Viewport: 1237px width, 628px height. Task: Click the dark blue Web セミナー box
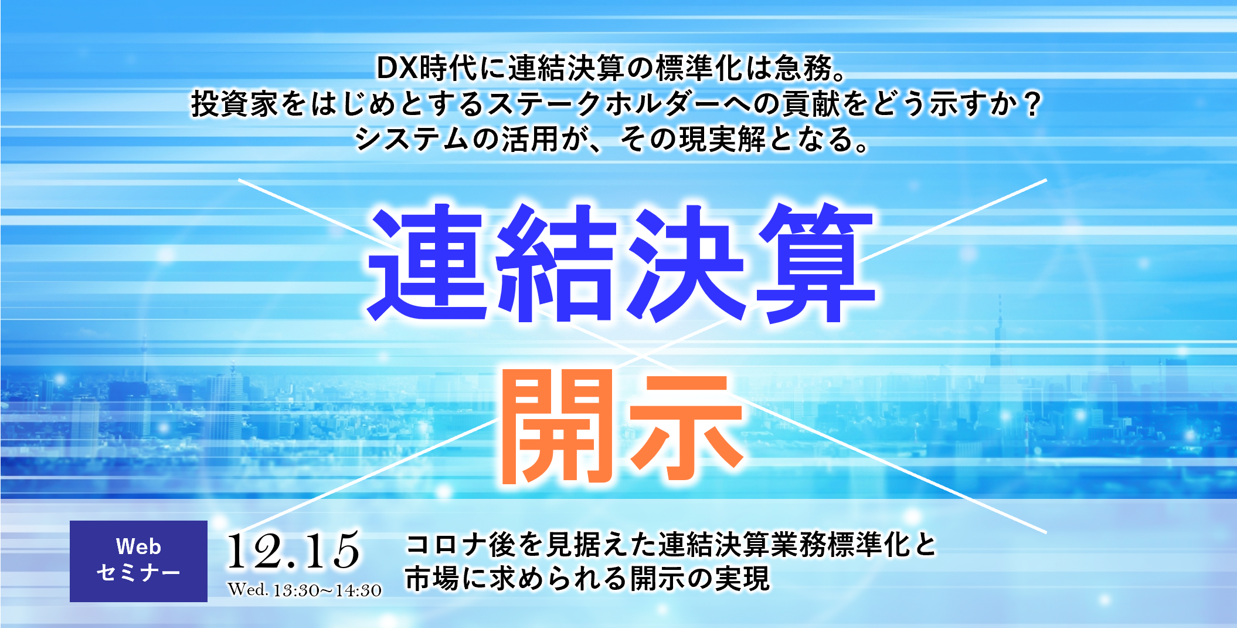click(x=138, y=561)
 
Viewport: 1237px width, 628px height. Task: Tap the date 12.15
click(x=293, y=550)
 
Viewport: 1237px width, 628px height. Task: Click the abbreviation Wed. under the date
click(x=248, y=589)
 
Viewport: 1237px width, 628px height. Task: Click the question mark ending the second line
click(x=1031, y=104)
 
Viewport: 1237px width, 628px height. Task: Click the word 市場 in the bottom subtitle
click(x=433, y=578)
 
